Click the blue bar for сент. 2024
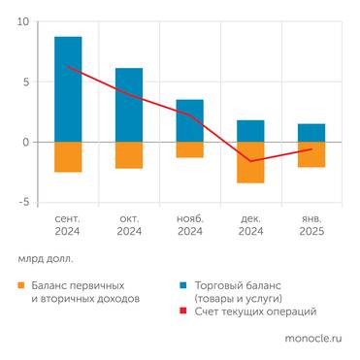[x=68, y=89]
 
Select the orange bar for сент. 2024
[x=68, y=157]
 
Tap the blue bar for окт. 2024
[x=129, y=105]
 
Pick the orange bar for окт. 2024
[x=129, y=155]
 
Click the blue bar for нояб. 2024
[x=190, y=120]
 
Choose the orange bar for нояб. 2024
[x=190, y=149]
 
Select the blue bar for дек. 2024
[x=250, y=131]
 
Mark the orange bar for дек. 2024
[x=250, y=162]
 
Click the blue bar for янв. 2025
[x=311, y=133]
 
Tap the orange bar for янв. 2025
[x=311, y=154]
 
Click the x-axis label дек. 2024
[x=250, y=225]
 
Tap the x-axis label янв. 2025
[x=311, y=225]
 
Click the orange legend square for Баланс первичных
[x=21, y=286]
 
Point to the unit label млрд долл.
[x=45, y=259]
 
